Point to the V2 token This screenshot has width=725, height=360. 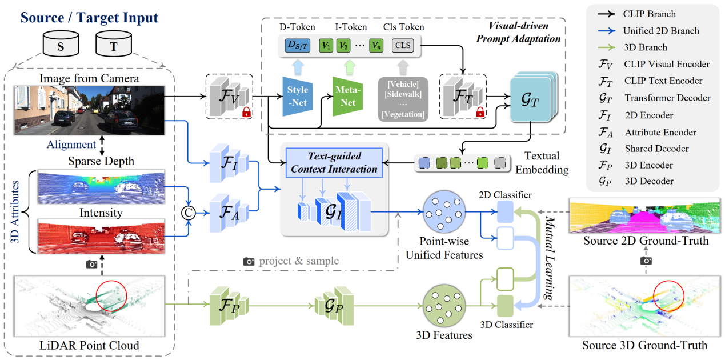click(x=343, y=45)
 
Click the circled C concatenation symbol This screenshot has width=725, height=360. click(x=186, y=212)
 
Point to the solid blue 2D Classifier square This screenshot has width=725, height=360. click(x=506, y=212)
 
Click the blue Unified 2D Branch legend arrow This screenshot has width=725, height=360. click(x=608, y=31)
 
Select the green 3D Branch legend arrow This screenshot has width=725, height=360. click(x=608, y=47)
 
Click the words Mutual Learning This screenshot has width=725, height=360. click(x=548, y=257)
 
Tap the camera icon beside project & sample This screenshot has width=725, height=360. click(x=249, y=261)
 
